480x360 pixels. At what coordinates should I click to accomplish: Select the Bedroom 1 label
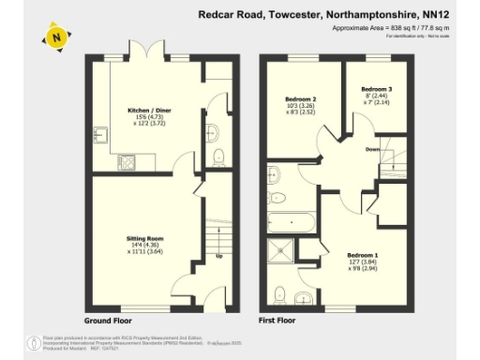362,255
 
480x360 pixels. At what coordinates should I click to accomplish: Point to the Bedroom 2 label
301,99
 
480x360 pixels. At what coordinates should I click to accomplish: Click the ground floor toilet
218,156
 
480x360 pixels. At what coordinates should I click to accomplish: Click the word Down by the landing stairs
372,148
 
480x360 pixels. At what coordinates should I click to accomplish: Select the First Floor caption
277,320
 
